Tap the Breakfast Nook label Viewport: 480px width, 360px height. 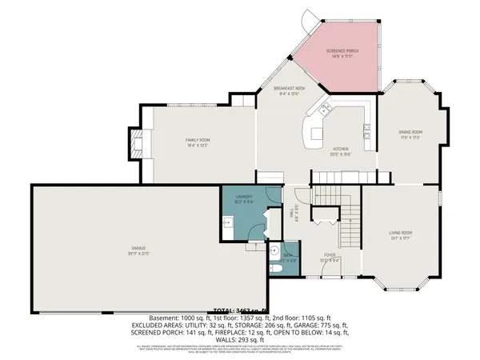pos(290,91)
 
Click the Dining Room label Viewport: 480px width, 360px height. pos(410,134)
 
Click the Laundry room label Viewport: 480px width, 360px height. pos(244,199)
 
